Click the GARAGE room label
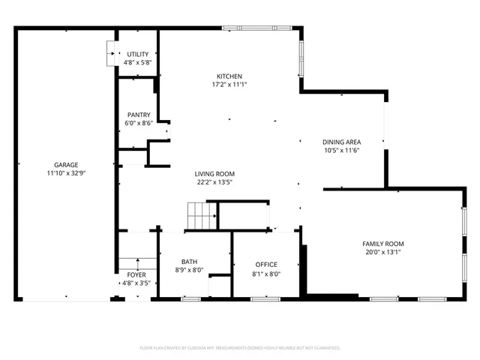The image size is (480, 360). (x=66, y=165)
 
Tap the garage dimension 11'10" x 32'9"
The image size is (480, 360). (x=66, y=173)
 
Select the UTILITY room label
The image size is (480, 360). (x=138, y=54)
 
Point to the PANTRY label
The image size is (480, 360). (x=138, y=115)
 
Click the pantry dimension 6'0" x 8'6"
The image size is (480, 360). (x=138, y=123)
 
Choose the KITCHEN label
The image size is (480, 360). (x=229, y=76)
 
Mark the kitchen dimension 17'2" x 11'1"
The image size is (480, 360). (x=229, y=85)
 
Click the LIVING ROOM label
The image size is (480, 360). (x=215, y=173)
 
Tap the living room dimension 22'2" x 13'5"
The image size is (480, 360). (x=215, y=181)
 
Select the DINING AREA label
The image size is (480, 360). (x=342, y=142)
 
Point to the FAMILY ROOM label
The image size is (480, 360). (x=383, y=244)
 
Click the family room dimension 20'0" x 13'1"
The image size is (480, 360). (x=383, y=252)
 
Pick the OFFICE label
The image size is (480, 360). (x=266, y=265)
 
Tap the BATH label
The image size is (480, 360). (x=189, y=262)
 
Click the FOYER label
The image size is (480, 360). (x=136, y=275)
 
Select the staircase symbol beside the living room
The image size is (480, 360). (x=202, y=215)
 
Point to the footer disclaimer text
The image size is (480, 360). (x=240, y=348)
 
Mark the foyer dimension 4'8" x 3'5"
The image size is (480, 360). (x=136, y=283)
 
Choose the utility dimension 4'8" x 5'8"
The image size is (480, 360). (x=138, y=62)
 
